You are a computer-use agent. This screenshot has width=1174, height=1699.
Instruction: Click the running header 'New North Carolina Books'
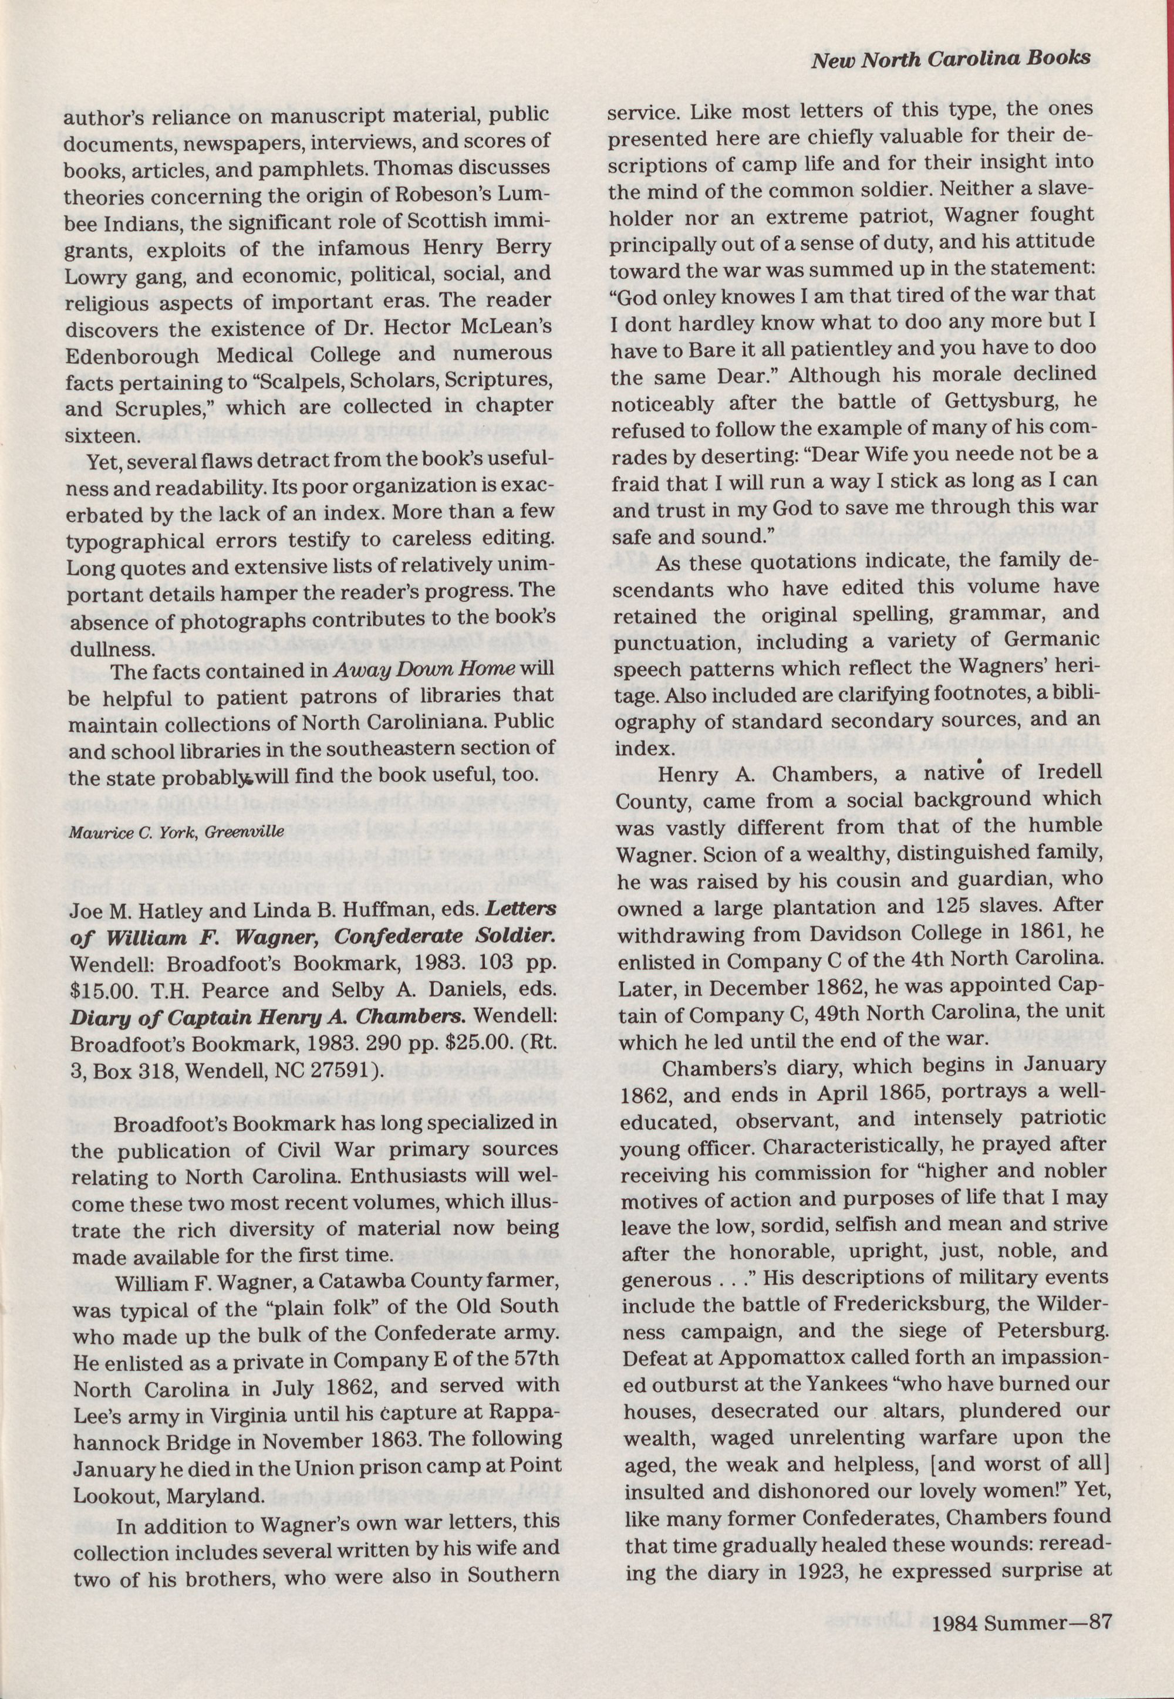pos(950,60)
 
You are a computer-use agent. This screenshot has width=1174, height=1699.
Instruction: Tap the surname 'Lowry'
pos(93,276)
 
